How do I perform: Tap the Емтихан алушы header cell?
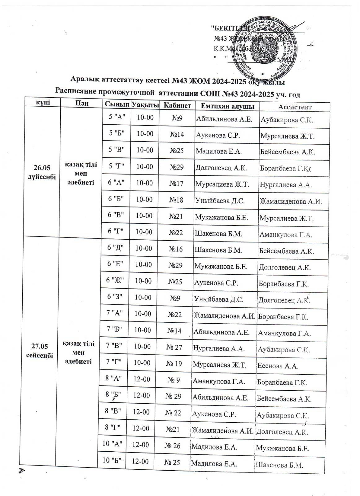pyautogui.click(x=228, y=106)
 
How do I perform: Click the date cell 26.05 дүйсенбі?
pyautogui.click(x=42, y=172)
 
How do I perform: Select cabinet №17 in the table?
pyautogui.click(x=176, y=184)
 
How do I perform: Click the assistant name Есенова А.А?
pyautogui.click(x=278, y=366)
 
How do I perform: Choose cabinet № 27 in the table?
pyautogui.click(x=174, y=347)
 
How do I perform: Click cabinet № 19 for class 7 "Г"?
pyautogui.click(x=174, y=363)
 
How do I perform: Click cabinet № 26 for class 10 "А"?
pyautogui.click(x=173, y=446)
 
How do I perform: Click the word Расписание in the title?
pyautogui.click(x=76, y=92)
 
